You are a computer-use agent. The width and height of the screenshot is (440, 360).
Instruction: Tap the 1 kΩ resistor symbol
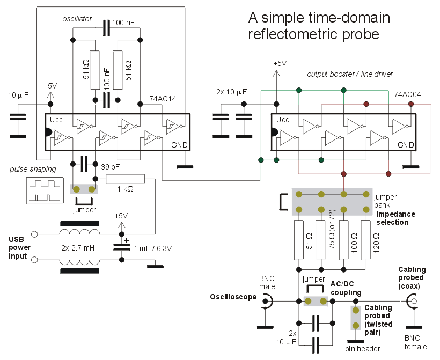pyautogui.click(x=126, y=179)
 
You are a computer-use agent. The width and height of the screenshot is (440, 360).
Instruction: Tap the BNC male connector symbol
pyautogui.click(x=265, y=303)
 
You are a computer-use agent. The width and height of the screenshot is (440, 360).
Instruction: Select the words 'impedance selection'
pyautogui.click(x=399, y=218)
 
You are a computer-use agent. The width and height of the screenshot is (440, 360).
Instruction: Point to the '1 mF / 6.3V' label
pyautogui.click(x=156, y=248)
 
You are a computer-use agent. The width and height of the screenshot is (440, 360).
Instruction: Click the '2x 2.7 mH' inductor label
pyautogui.click(x=79, y=248)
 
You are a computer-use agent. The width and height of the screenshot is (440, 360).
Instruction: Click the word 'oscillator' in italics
pyautogui.click(x=74, y=19)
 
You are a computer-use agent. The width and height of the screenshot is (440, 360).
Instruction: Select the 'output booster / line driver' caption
pyautogui.click(x=349, y=74)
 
